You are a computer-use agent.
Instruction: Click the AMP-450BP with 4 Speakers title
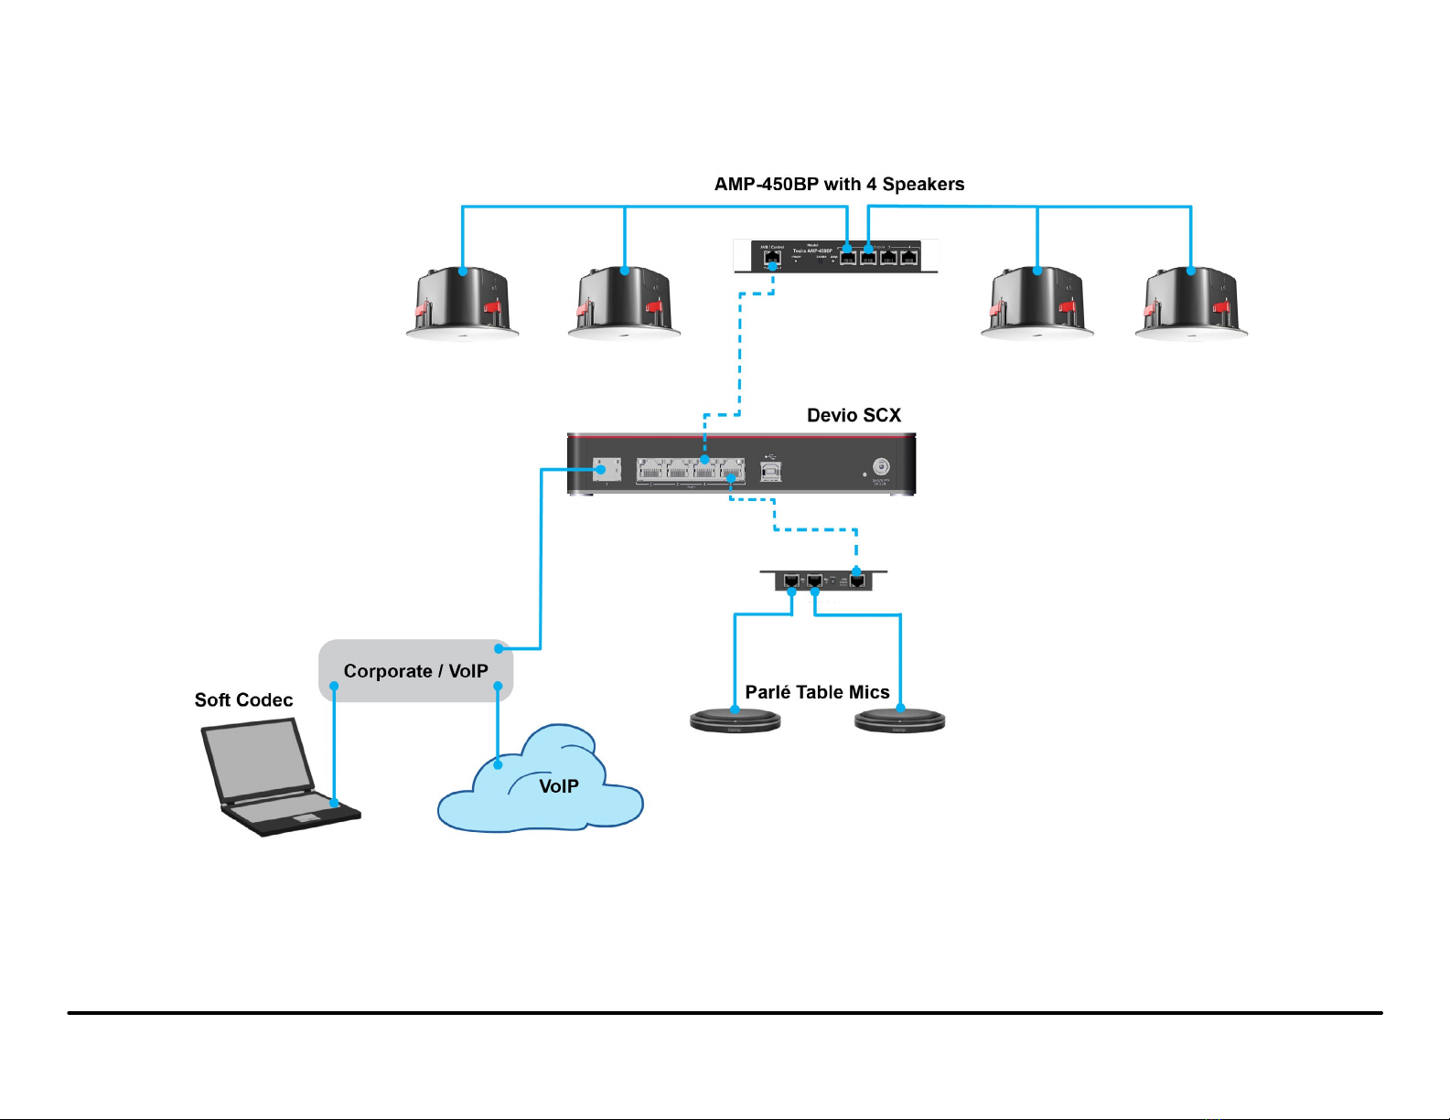coord(839,184)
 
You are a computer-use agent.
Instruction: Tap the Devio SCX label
coord(854,415)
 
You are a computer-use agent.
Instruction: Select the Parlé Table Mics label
coord(817,692)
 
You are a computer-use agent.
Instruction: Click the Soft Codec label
coord(243,699)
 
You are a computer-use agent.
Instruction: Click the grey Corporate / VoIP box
coord(415,671)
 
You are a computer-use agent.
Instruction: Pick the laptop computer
coord(274,777)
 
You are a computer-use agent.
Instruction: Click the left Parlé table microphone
coord(735,721)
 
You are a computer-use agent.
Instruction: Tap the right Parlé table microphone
coord(899,721)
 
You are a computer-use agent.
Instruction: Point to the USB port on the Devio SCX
coord(771,471)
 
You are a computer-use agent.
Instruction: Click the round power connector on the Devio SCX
coord(881,466)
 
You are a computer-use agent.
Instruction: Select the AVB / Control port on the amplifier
coord(772,260)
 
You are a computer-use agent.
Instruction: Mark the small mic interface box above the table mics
coord(823,581)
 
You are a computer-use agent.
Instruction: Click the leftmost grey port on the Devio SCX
coord(607,469)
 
